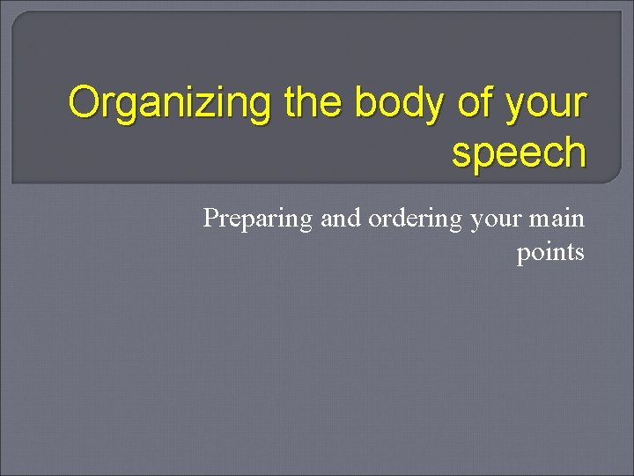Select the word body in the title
(x=400, y=104)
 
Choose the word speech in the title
(x=519, y=152)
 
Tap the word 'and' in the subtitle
(x=340, y=218)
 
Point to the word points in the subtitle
(x=550, y=253)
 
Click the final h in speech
(x=574, y=152)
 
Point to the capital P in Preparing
(x=210, y=218)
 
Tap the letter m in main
(x=541, y=219)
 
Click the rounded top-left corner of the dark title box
(x=18, y=18)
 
